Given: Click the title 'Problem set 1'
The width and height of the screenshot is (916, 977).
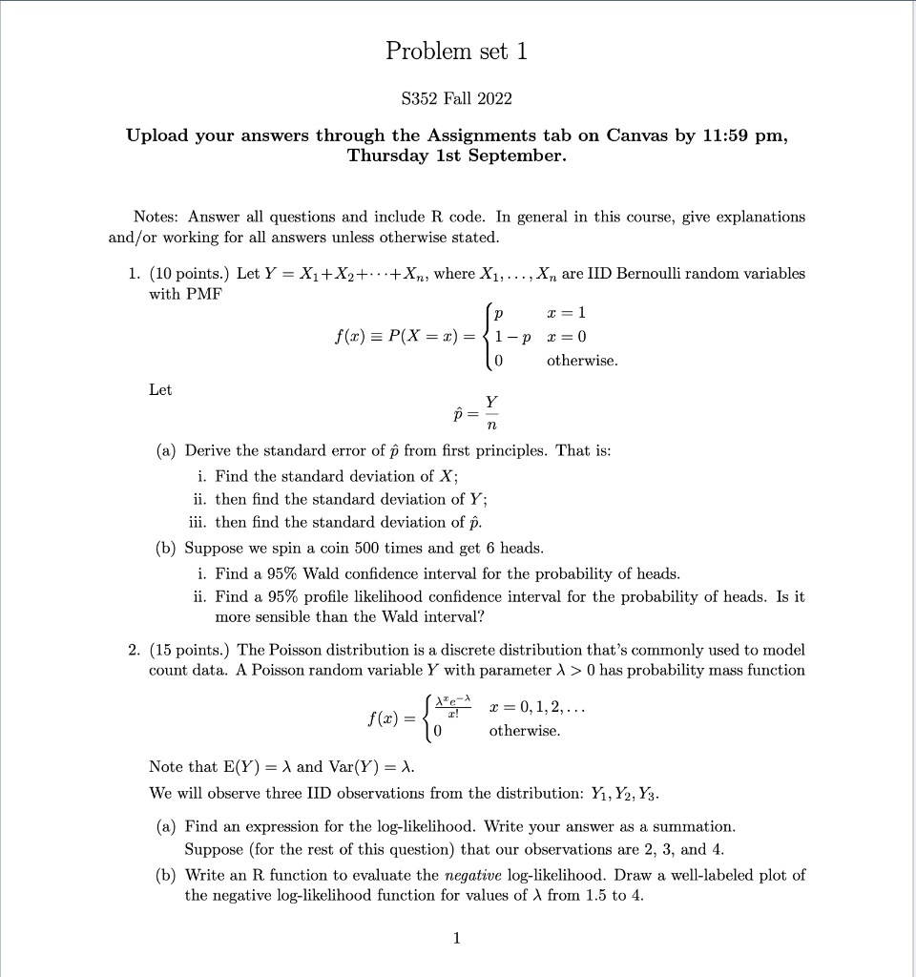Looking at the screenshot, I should tap(456, 52).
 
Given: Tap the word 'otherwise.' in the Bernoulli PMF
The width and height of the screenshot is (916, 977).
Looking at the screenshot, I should tap(582, 362).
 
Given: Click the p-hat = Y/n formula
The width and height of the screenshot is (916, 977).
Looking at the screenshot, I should tap(477, 413).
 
